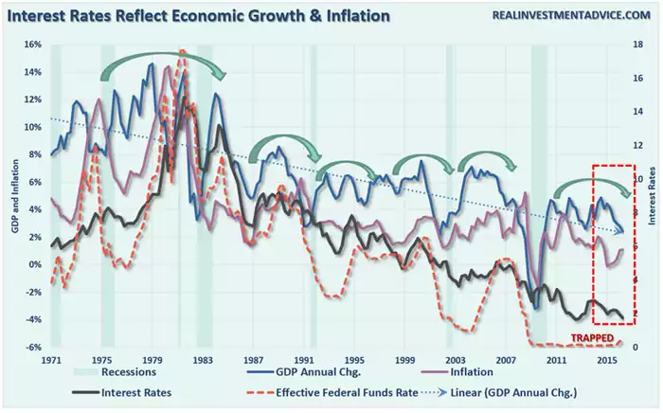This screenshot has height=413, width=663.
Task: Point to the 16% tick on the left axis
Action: point(31,45)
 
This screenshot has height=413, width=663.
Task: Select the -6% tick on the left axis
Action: point(31,348)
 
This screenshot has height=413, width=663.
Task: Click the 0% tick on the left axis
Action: point(33,264)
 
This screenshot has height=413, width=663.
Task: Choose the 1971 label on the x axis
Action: point(51,361)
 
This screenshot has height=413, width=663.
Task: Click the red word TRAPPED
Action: point(590,338)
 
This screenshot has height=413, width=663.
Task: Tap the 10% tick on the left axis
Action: point(31,127)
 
